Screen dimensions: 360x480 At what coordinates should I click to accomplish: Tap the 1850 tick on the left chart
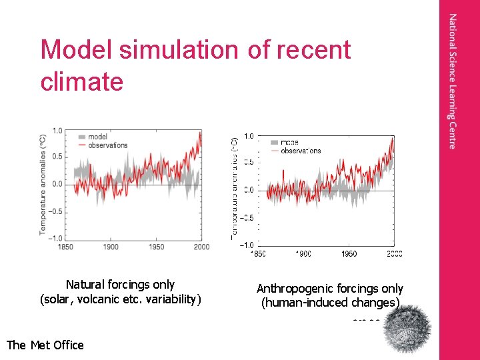(x=65, y=247)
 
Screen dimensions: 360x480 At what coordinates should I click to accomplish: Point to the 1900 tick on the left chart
(x=111, y=247)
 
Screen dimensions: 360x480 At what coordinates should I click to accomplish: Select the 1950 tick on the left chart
(x=156, y=247)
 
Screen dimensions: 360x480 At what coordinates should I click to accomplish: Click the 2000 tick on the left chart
(x=201, y=247)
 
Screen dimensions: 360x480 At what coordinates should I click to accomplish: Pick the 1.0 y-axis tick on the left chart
(x=58, y=131)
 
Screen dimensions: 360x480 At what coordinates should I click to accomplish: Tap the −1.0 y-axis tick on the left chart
(x=56, y=239)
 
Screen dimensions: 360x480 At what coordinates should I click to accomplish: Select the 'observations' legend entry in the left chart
(x=107, y=145)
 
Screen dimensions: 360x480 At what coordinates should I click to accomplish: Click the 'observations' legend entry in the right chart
(x=301, y=151)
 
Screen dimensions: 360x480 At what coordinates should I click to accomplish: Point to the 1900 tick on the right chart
(x=303, y=253)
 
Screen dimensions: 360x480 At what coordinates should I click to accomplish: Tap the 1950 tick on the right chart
(x=349, y=253)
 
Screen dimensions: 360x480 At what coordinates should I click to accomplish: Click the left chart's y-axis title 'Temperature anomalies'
(x=43, y=184)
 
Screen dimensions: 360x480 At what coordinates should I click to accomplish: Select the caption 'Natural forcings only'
(x=120, y=285)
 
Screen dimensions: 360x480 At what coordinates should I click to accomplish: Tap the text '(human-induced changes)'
(x=331, y=303)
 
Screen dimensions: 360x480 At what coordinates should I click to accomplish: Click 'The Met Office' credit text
(x=45, y=345)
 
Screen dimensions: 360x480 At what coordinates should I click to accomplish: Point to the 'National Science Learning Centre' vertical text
(x=453, y=81)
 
